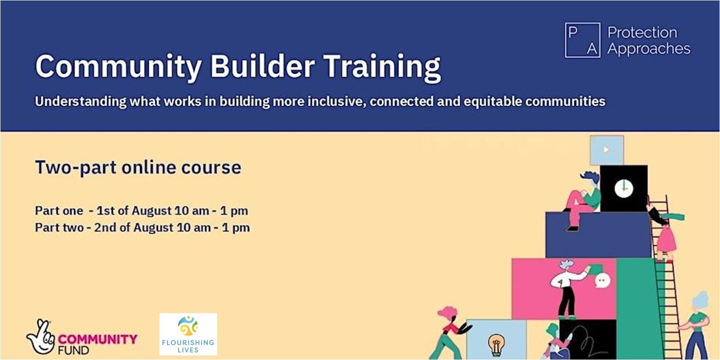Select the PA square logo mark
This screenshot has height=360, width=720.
(x=582, y=40)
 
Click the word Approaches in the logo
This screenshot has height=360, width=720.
(x=649, y=49)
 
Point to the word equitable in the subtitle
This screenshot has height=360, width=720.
(x=493, y=101)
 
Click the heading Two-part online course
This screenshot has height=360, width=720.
(x=138, y=167)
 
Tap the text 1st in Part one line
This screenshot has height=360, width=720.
(x=106, y=211)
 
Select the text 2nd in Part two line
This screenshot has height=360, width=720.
(x=105, y=228)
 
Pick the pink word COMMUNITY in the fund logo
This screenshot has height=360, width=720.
(x=97, y=339)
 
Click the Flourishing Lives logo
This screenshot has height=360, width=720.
(x=188, y=334)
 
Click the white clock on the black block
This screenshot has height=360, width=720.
(x=623, y=188)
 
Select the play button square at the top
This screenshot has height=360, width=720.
(x=606, y=150)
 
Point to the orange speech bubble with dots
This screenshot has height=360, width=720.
(x=602, y=281)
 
